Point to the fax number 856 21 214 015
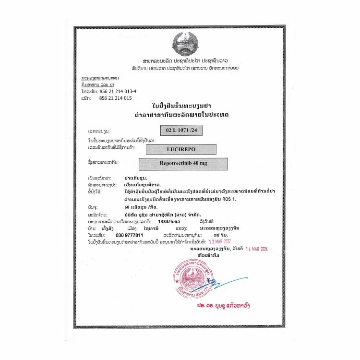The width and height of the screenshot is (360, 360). pyautogui.click(x=115, y=98)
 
